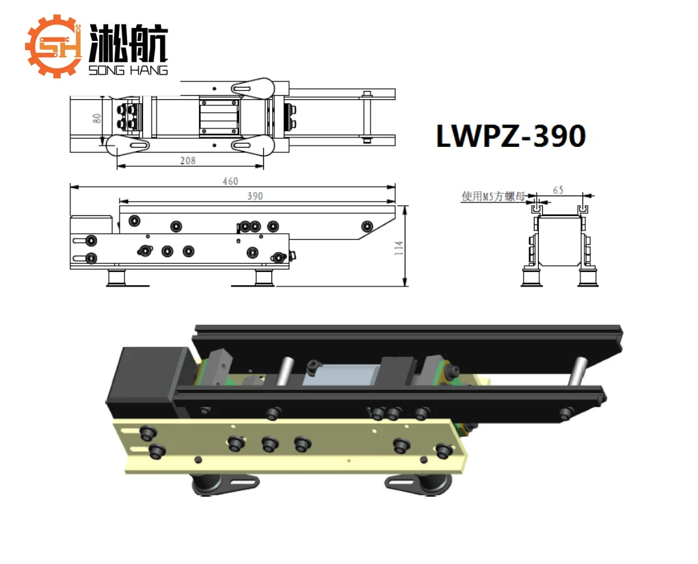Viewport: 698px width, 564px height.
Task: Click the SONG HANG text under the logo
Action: coord(128,70)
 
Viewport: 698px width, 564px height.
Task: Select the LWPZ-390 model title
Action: coord(511,137)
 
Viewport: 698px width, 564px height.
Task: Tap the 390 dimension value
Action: coord(255,196)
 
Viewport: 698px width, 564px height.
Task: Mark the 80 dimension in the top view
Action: coord(98,118)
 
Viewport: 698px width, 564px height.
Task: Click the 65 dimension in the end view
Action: coord(559,190)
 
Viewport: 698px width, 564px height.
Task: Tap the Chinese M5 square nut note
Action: coord(492,197)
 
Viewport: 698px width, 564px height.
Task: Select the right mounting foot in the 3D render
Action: coord(418,484)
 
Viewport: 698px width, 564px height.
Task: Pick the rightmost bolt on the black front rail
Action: coord(566,413)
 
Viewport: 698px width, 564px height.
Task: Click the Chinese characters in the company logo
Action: coord(128,44)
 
